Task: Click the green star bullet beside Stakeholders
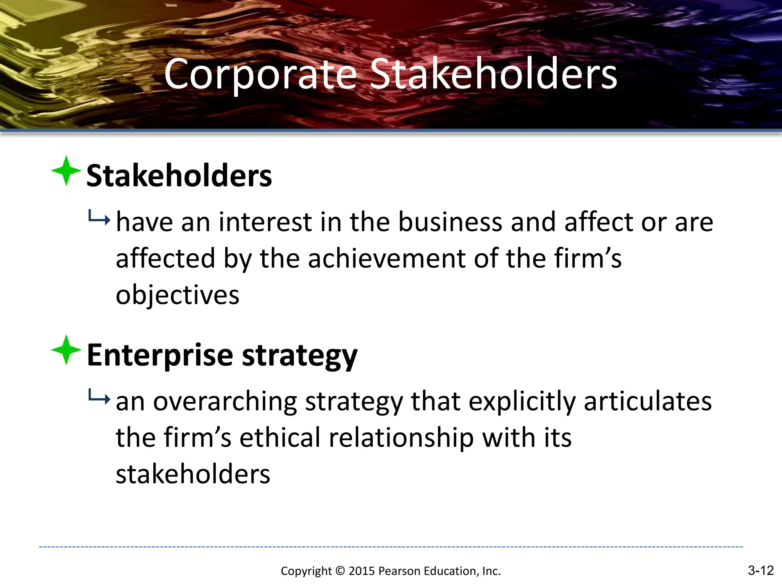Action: click(66, 171)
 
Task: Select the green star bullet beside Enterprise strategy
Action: click(66, 350)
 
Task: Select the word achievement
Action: click(386, 259)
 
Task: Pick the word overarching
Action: click(225, 402)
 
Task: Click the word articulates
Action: click(648, 401)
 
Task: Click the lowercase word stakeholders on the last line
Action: click(193, 474)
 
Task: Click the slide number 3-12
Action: click(760, 570)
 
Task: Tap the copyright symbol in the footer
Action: click(340, 571)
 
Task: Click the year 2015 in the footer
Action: click(362, 571)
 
